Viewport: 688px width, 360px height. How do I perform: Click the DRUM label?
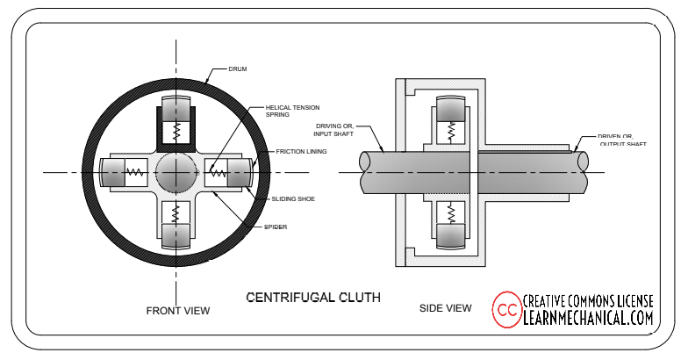coord(237,68)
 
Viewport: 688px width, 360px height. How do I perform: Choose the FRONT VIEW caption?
coord(177,310)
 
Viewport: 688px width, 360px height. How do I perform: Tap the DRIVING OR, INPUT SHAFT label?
coord(333,130)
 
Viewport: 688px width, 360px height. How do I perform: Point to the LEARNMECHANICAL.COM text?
coord(589,318)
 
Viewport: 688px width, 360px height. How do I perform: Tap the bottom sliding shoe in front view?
coord(176,237)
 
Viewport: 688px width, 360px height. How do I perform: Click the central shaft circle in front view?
coord(176,172)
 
